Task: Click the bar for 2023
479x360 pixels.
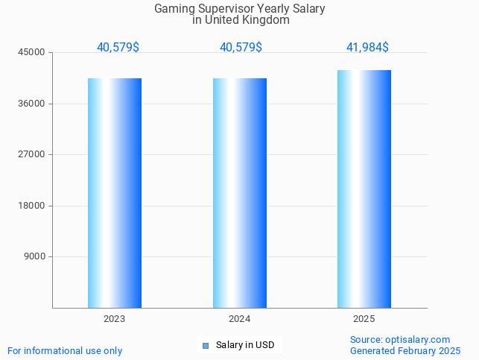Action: (115, 193)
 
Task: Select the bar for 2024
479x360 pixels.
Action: (240, 193)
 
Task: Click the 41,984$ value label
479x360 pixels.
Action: (367, 48)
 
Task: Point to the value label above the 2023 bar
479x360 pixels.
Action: (118, 48)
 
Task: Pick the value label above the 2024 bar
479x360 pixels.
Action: (241, 48)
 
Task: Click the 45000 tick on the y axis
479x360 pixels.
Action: (32, 53)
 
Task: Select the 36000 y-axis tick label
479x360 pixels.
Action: (32, 104)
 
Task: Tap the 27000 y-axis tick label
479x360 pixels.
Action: (32, 155)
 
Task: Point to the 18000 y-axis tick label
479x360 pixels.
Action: (32, 206)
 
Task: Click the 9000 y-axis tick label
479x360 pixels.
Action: (34, 257)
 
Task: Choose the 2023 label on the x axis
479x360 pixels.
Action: (115, 319)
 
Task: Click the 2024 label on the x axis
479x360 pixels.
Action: (240, 319)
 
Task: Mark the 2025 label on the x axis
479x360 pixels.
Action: (364, 319)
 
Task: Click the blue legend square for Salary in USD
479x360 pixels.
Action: (206, 345)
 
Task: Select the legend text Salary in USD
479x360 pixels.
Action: (245, 345)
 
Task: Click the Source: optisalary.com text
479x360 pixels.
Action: (400, 340)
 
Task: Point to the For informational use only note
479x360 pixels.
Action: (65, 351)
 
